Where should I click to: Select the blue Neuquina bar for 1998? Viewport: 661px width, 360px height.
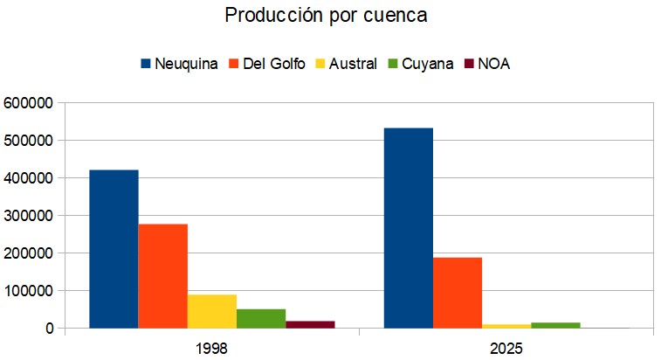114,249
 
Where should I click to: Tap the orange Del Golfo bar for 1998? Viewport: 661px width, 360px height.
162,276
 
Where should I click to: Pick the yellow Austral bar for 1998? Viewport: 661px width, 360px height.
212,311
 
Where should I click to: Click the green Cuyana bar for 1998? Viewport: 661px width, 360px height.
261,318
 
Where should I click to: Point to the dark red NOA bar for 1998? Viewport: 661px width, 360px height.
310,324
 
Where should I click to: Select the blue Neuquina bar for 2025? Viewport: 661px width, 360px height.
408,228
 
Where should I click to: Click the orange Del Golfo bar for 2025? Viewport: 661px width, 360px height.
458,293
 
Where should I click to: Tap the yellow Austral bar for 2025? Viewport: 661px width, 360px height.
506,326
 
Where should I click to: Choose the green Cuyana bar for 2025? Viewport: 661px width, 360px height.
555,325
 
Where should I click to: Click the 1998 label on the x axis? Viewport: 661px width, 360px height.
211,348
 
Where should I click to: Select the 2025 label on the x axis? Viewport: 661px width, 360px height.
506,348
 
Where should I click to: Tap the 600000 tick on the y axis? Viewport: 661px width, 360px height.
28,103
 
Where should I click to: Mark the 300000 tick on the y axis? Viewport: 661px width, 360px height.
28,216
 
